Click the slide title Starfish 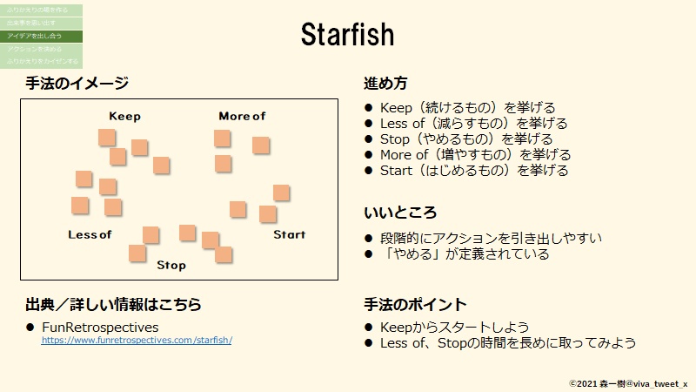click(347, 35)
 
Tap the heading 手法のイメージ click(77, 84)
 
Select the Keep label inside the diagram click(124, 117)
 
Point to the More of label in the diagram click(242, 117)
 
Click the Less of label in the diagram click(90, 235)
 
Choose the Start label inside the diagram click(290, 234)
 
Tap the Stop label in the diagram click(171, 265)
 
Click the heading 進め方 click(385, 84)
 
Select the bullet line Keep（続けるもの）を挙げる click(467, 108)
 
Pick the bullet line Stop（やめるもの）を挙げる click(465, 139)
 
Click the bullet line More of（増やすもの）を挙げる click(475, 155)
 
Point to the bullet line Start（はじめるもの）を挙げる click(474, 171)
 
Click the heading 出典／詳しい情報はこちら click(113, 305)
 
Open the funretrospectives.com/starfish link click(137, 340)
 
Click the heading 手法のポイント click(415, 305)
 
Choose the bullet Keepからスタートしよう click(454, 328)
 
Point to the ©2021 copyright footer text click(627, 382)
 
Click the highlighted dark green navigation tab click(41, 36)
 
